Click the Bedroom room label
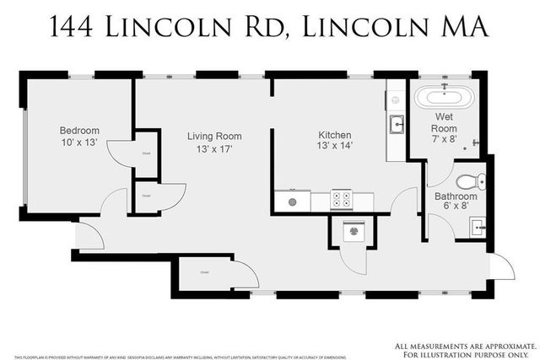tap(79, 131)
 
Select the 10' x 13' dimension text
tap(79, 144)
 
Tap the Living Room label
tap(213, 136)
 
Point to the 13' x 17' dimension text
tap(213, 149)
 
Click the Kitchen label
tap(335, 135)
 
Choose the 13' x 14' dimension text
tap(335, 148)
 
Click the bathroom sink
tap(477, 226)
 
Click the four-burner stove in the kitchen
tap(343, 200)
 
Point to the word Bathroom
tap(456, 197)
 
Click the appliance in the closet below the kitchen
tap(353, 231)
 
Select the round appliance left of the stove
tap(293, 201)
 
